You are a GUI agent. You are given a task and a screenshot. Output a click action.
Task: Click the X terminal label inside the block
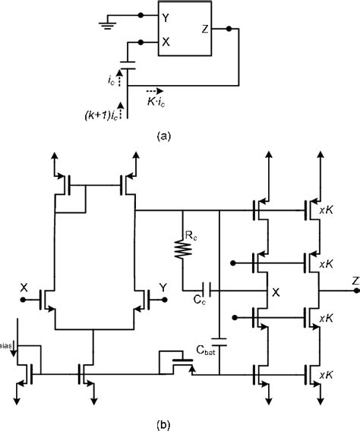coord(166,43)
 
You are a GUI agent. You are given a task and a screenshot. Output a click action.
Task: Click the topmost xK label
coord(328,207)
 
